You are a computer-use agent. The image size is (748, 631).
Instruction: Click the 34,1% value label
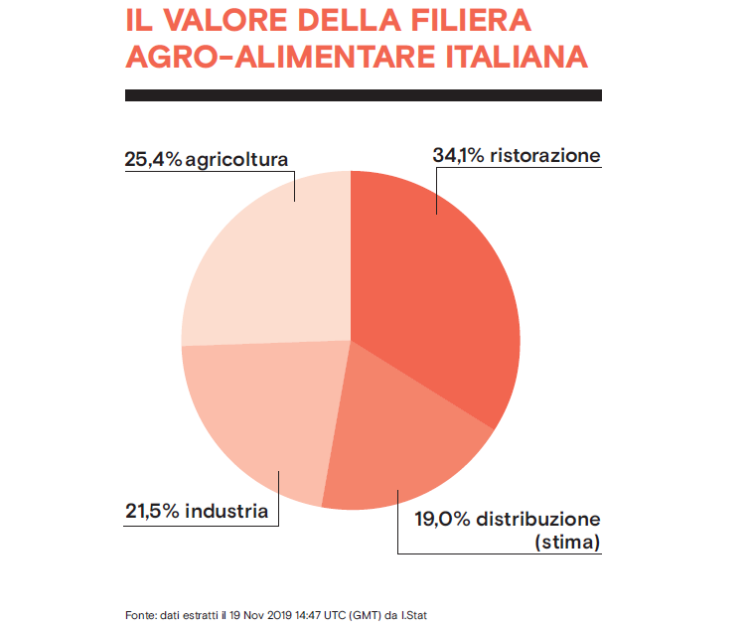[x=459, y=156]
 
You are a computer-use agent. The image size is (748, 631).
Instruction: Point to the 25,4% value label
[x=153, y=159]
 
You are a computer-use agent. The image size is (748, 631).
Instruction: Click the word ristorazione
[x=544, y=156]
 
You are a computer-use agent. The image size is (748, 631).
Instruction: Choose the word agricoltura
[x=236, y=159]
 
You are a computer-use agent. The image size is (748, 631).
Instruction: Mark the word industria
[x=226, y=512]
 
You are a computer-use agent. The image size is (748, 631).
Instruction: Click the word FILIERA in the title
[x=451, y=20]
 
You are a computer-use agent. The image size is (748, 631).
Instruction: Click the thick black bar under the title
[x=363, y=95]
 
